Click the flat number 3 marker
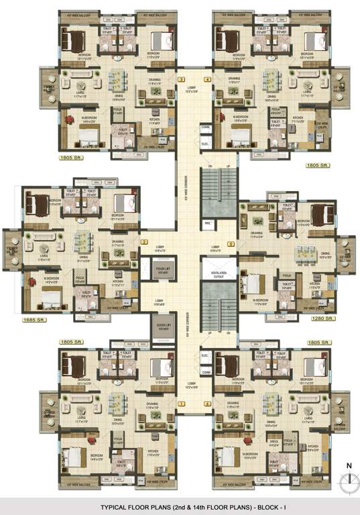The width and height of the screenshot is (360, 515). click(181, 80)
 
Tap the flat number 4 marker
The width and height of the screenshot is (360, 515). click(207, 80)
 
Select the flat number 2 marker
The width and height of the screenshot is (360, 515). click(143, 242)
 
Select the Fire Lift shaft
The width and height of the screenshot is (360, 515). click(160, 270)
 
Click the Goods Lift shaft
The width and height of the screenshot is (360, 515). click(160, 328)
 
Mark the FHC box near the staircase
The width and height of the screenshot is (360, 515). click(208, 223)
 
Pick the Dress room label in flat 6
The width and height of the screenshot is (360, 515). click(273, 444)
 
